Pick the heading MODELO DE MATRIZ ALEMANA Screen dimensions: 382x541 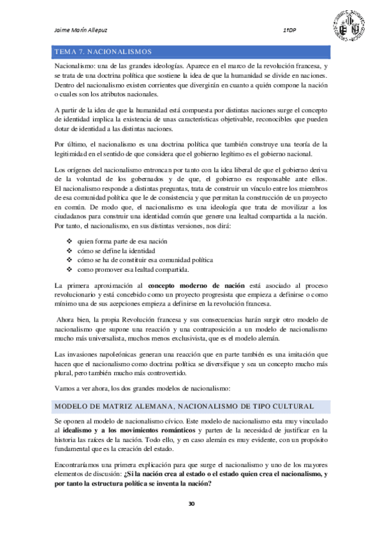click(x=182, y=406)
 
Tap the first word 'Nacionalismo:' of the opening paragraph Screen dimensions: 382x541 click(x=75, y=67)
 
